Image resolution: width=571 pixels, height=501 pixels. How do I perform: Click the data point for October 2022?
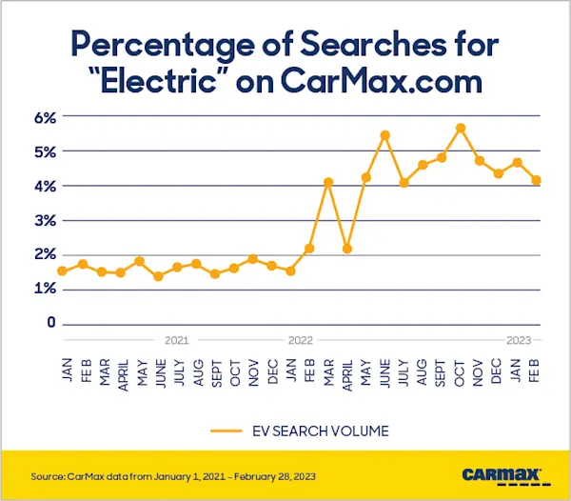point(461,128)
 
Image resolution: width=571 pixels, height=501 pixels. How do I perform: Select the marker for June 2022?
point(385,135)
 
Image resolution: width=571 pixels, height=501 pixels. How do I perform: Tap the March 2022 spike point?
point(328,182)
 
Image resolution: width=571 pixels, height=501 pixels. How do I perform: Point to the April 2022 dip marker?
point(347,249)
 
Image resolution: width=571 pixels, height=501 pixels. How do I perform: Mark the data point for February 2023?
point(537,180)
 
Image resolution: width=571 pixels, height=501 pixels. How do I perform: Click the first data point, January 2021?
point(63,271)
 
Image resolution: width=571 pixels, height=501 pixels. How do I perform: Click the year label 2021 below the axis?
point(176,339)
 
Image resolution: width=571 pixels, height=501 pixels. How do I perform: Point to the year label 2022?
point(300,339)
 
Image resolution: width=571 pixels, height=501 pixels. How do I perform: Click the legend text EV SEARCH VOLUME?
point(324,431)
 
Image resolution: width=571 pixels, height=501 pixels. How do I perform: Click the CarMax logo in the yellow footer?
point(502,473)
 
